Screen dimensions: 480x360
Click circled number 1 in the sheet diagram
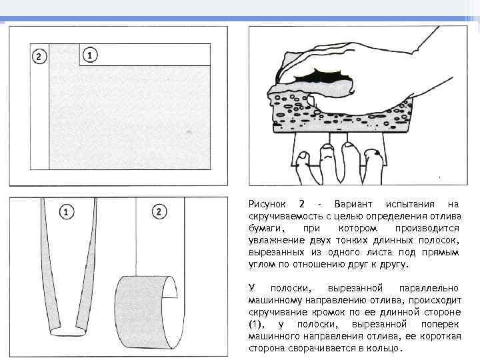click(90, 55)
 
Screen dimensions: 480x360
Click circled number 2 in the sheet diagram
click(39, 57)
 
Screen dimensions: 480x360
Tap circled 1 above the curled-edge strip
click(67, 212)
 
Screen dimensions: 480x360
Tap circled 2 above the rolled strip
click(159, 211)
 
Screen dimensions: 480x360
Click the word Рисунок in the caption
click(267, 204)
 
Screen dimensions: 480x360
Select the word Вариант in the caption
click(353, 204)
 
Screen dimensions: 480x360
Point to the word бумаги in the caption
click(265, 229)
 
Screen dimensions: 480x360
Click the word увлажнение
click(277, 240)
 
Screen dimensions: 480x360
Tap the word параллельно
click(429, 289)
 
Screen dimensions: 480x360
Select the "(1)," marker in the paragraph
click(257, 325)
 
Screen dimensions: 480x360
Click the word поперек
click(439, 324)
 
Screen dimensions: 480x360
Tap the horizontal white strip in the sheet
click(145, 55)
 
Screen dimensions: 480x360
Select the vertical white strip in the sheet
click(40, 107)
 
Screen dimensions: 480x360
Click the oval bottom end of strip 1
click(68, 332)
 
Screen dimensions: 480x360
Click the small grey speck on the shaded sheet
click(189, 132)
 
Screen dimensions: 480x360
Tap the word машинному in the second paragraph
click(275, 301)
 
